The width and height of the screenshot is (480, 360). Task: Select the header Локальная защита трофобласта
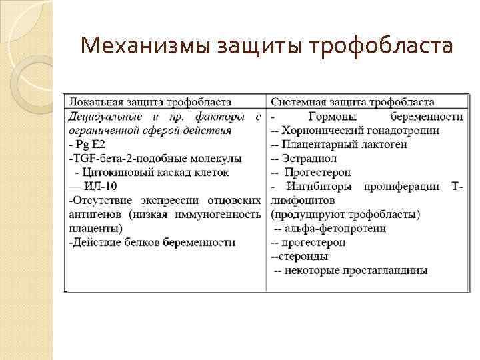(x=151, y=102)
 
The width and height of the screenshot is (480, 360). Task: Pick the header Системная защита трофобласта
(x=353, y=102)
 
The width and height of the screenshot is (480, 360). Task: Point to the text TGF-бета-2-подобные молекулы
(x=155, y=158)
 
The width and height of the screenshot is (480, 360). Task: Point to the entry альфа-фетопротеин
(x=334, y=228)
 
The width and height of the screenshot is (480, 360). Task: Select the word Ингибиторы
(x=320, y=186)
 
